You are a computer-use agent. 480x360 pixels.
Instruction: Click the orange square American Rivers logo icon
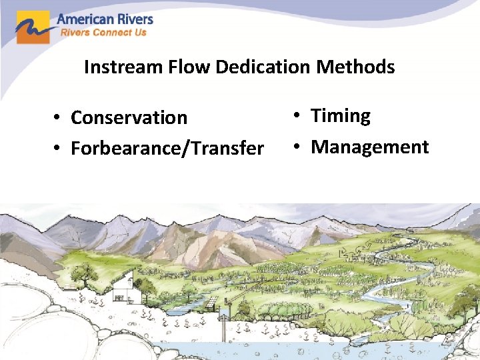(x=33, y=27)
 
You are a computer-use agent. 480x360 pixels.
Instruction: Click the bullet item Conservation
(x=129, y=118)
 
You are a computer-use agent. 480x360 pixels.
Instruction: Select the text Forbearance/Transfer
(x=167, y=148)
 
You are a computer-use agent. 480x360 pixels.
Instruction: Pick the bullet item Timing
(x=340, y=116)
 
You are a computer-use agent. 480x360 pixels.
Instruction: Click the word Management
(x=369, y=147)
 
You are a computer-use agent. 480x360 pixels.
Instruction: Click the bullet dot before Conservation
(x=59, y=119)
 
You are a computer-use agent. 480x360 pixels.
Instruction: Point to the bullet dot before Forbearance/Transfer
(x=59, y=149)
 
